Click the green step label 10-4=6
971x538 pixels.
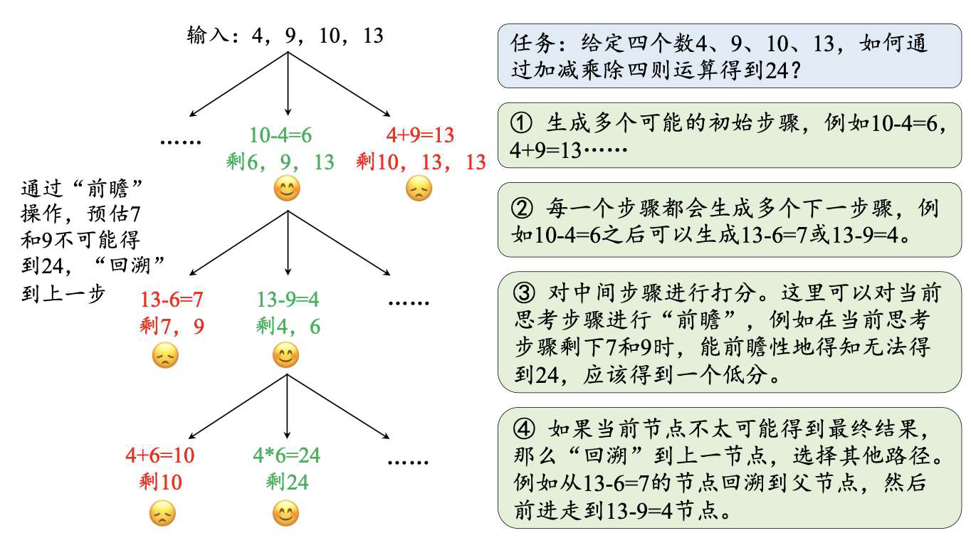(x=280, y=135)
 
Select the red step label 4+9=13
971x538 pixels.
(x=420, y=135)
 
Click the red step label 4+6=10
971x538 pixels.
(x=160, y=455)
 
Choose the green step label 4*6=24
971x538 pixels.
(x=287, y=455)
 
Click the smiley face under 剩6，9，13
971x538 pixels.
(x=287, y=189)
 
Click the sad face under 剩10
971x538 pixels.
(x=162, y=512)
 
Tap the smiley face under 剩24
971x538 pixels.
(x=286, y=512)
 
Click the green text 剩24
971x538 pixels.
(x=287, y=482)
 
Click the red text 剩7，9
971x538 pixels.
(x=172, y=327)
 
